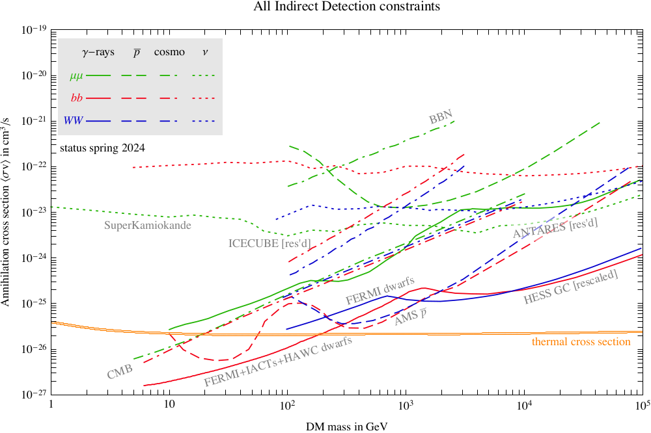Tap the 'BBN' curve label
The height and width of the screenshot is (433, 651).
441,118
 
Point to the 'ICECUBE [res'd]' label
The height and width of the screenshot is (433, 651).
269,243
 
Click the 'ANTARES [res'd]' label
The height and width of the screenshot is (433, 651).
555,228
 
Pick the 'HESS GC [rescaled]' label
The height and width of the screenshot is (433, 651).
570,287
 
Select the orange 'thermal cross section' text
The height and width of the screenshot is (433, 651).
581,342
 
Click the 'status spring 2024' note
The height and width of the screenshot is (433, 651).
102,148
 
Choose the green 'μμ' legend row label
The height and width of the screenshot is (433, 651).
76,75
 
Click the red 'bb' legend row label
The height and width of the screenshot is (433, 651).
76,98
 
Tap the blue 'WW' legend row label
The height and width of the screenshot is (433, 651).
74,121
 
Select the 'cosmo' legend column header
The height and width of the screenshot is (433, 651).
169,52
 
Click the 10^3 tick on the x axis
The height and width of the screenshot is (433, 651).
406,406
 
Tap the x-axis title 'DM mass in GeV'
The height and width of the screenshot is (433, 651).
347,425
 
